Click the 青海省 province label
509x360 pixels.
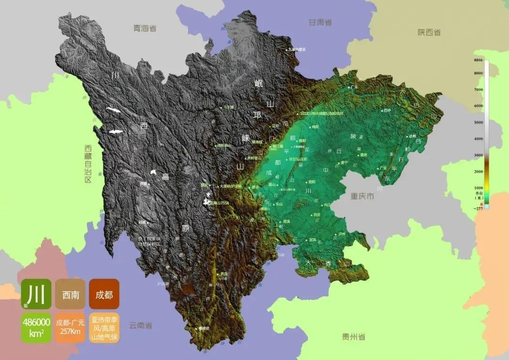point(145,28)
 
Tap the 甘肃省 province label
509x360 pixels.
point(320,22)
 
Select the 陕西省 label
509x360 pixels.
point(429,32)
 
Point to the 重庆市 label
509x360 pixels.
point(362,196)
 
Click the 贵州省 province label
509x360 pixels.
point(353,336)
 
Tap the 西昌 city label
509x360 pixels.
point(224,273)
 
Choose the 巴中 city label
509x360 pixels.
point(387,110)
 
